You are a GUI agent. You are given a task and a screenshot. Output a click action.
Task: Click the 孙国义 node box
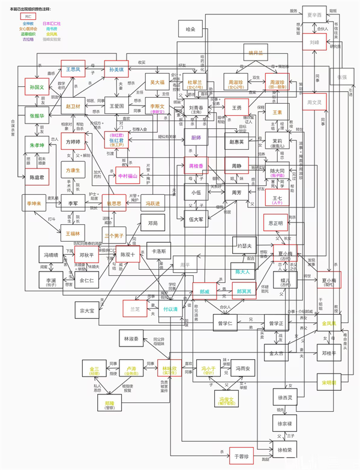(x=37, y=88)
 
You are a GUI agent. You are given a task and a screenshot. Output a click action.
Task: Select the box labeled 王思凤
(x=73, y=70)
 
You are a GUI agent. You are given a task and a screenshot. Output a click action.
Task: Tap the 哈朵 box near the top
(x=191, y=28)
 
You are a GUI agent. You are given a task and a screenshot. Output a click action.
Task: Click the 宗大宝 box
(x=88, y=310)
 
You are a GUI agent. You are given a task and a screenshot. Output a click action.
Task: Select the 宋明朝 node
(x=329, y=382)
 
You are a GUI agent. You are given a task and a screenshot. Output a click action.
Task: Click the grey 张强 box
(x=341, y=77)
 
